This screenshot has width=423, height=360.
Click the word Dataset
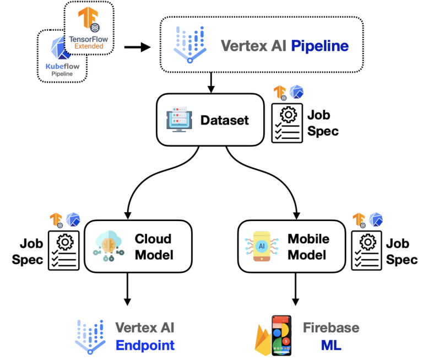tap(224, 120)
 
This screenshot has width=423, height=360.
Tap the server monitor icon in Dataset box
tap(178, 120)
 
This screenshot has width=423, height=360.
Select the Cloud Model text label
tap(153, 246)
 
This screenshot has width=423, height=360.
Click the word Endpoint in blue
tap(145, 346)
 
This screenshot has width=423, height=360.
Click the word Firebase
tap(330, 328)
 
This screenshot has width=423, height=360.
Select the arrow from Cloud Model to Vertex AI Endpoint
tap(128, 288)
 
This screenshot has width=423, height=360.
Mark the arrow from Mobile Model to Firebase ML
tap(296, 288)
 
